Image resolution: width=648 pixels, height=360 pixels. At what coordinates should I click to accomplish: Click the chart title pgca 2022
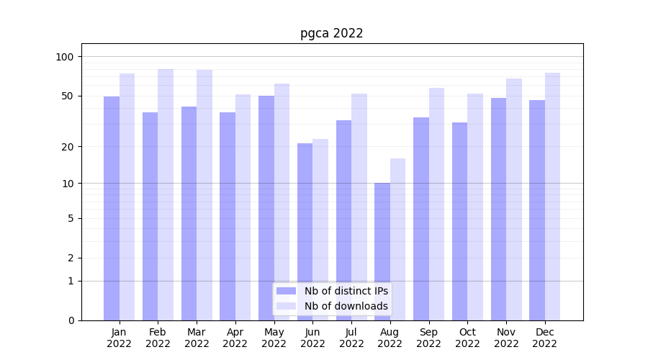(x=331, y=33)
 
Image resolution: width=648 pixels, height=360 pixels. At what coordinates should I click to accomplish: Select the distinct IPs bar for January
(x=112, y=208)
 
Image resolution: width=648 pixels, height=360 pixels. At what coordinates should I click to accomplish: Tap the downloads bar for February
(x=166, y=194)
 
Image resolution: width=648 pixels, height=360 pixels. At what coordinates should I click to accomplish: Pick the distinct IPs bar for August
(x=382, y=251)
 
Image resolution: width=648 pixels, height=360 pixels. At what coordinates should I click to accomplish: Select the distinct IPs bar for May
(x=266, y=208)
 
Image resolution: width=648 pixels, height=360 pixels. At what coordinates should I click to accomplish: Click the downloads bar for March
(x=204, y=195)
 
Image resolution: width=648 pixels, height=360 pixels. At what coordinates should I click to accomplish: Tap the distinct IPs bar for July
(x=343, y=220)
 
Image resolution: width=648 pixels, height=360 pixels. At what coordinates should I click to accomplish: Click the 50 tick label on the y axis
(x=68, y=96)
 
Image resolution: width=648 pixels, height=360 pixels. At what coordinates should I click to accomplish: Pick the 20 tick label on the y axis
(x=68, y=147)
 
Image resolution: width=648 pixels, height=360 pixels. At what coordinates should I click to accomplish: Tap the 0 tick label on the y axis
(x=71, y=320)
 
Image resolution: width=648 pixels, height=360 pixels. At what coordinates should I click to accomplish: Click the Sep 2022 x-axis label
(x=428, y=338)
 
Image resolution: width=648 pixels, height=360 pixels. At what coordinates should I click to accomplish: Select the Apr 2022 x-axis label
(x=235, y=338)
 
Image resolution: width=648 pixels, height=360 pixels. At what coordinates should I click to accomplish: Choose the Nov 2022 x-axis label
(x=506, y=338)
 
